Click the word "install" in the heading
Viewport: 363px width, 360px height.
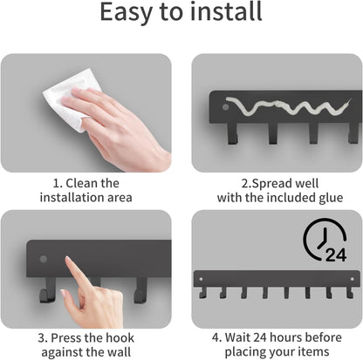pyautogui.click(x=226, y=11)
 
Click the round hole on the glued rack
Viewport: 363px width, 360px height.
pyautogui.click(x=225, y=107)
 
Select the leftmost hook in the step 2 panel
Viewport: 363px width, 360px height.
pyautogui.click(x=233, y=133)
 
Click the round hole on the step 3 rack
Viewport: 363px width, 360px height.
pyautogui.click(x=44, y=259)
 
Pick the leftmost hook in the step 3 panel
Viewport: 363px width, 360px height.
pyautogui.click(x=47, y=290)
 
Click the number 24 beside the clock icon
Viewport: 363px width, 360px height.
pyautogui.click(x=336, y=255)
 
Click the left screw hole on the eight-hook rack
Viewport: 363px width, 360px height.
pyautogui.click(x=201, y=279)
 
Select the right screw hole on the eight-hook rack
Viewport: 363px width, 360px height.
pyautogui.click(x=353, y=279)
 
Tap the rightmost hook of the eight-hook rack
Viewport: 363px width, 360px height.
pyautogui.click(x=350, y=293)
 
